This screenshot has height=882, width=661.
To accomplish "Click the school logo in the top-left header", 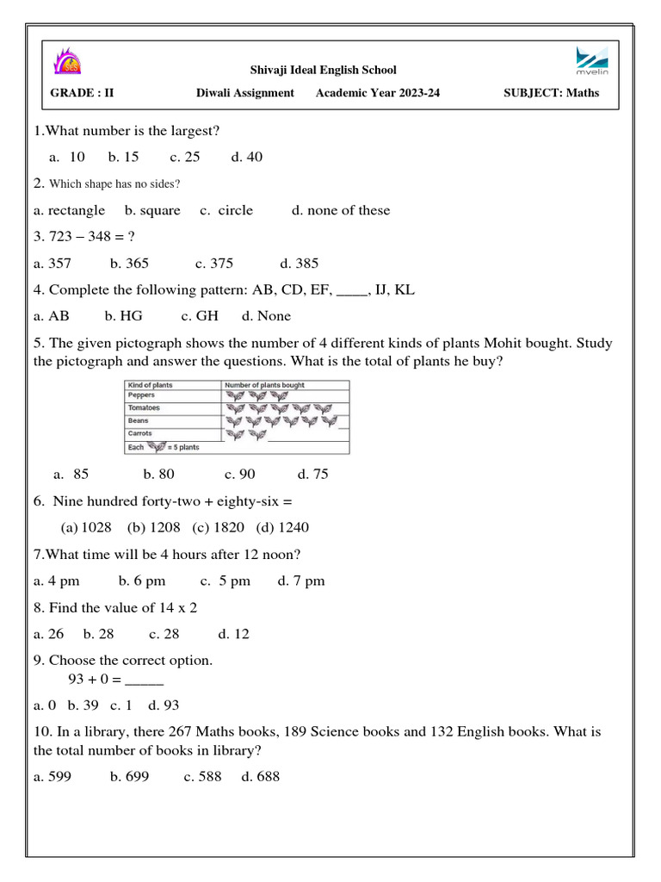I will coord(66,63).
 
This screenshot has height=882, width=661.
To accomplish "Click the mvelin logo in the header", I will coord(591,65).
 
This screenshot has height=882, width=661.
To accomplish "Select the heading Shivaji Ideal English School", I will coord(323,70).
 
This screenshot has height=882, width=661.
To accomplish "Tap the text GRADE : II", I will coord(83,93).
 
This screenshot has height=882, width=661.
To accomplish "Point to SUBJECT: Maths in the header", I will coord(551,93).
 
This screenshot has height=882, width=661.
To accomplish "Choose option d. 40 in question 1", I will coord(247,157).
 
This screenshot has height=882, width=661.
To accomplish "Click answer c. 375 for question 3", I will coord(214,264).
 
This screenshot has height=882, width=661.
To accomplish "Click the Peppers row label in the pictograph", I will coord(142,395).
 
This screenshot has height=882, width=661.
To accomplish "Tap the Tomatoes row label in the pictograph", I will coord(144,407).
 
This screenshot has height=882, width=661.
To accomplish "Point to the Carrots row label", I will coord(140,434).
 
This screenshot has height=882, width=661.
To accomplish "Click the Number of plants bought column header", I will coord(265,385).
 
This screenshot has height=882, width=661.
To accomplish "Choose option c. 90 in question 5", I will coord(240,474).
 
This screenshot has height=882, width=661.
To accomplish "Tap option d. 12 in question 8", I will coord(233,634).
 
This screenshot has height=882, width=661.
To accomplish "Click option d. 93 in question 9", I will coord(164,705).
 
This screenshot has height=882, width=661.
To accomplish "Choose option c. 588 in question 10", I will coord(202,777).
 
